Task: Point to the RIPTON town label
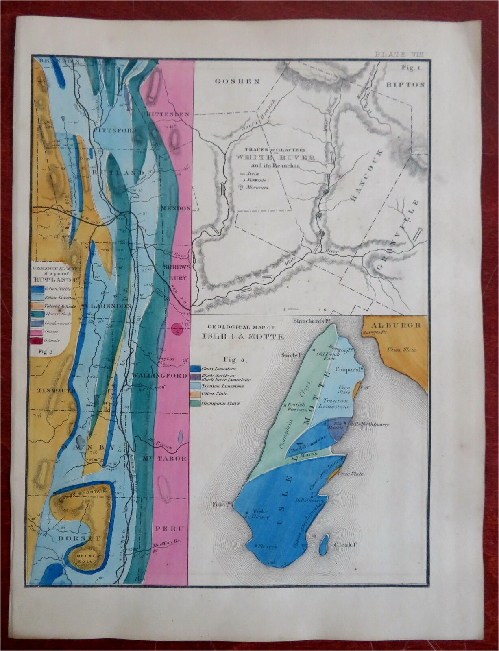405,85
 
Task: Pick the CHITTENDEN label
166,114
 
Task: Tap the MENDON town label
176,208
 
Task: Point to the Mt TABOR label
165,459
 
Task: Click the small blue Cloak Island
324,544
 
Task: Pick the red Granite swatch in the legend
37,340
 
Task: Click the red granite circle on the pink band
177,329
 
